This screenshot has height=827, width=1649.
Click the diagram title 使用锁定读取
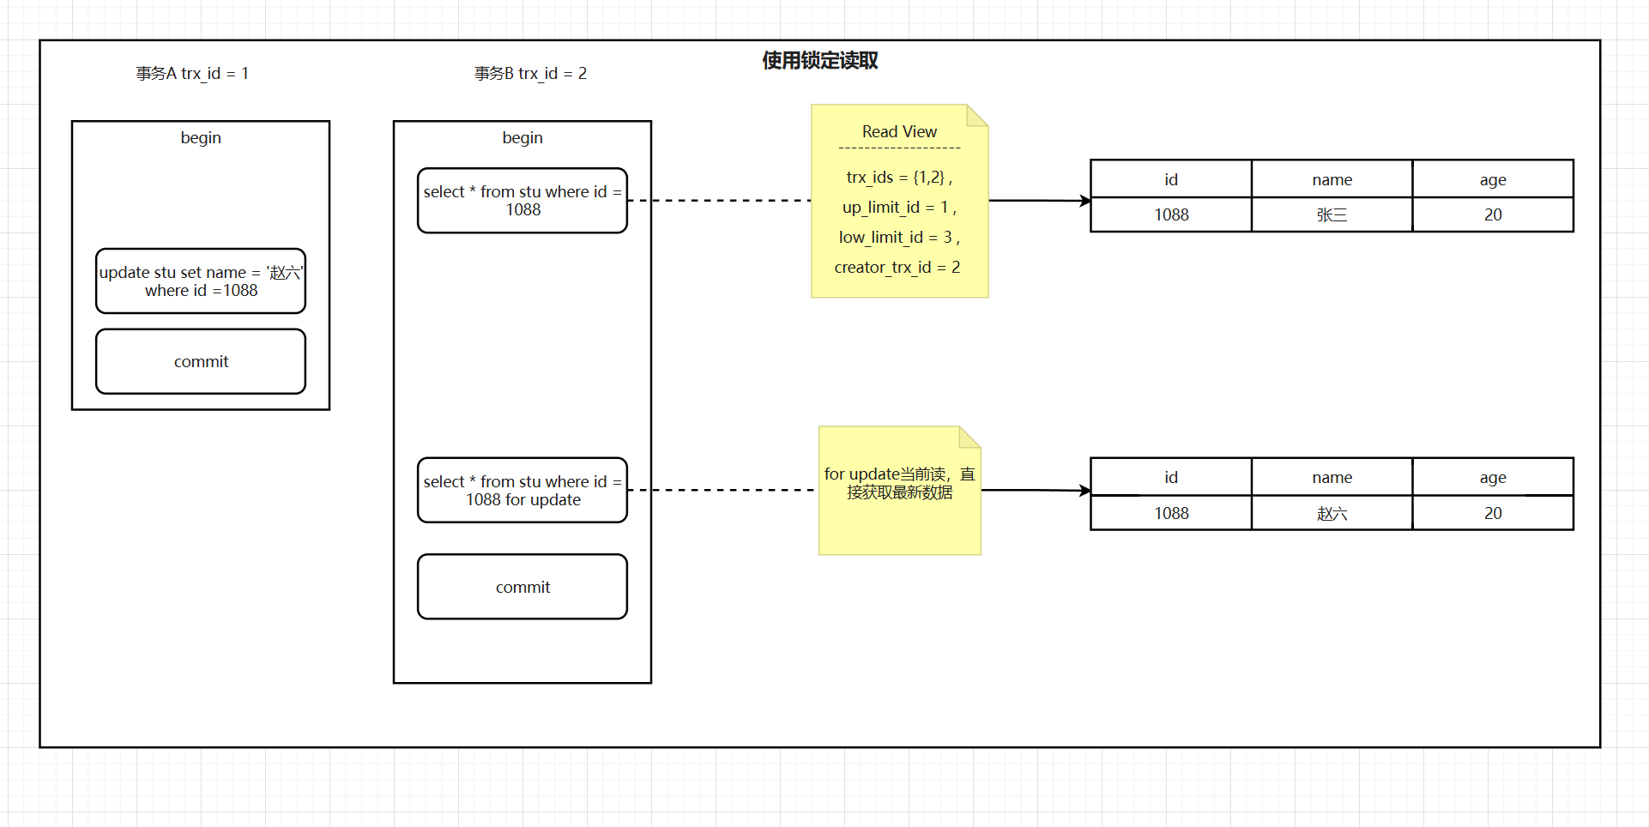[819, 61]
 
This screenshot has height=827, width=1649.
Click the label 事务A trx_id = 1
[192, 74]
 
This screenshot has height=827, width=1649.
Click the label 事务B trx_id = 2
[530, 74]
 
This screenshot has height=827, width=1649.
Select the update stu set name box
[201, 281]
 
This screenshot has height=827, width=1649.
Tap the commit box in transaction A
[201, 361]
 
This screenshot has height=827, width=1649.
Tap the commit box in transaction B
[522, 587]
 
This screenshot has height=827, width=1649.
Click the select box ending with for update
[522, 491]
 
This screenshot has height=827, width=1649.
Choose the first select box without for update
[522, 201]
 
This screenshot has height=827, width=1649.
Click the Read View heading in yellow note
[899, 132]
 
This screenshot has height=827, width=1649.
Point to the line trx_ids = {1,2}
[899, 178]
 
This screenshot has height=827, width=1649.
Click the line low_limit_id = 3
[899, 238]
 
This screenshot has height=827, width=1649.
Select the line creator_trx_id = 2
[897, 268]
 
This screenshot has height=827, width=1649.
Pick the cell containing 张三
[1332, 215]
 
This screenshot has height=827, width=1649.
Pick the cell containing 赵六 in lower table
[1332, 513]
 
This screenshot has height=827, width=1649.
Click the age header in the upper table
[1492, 179]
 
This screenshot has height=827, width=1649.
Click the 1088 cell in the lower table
[1171, 513]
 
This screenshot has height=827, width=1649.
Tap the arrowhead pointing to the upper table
[1086, 201]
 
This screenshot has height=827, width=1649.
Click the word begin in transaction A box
[201, 138]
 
